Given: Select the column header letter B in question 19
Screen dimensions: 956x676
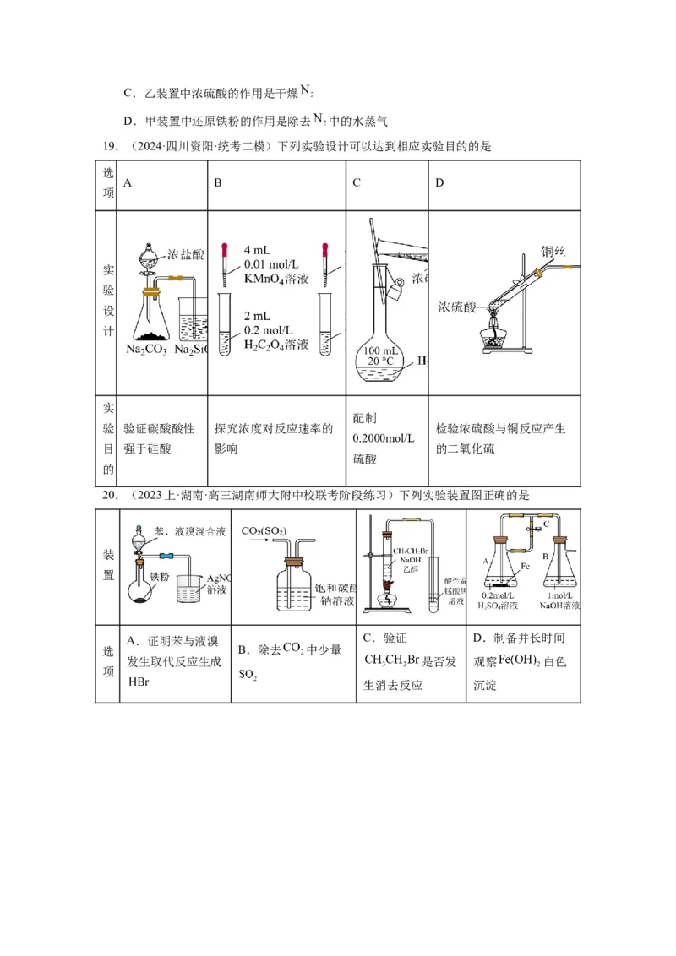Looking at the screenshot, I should pyautogui.click(x=217, y=182).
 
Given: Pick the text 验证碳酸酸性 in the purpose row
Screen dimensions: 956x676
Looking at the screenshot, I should pyautogui.click(x=158, y=428).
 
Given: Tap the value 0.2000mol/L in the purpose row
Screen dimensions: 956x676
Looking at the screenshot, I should pyautogui.click(x=384, y=438).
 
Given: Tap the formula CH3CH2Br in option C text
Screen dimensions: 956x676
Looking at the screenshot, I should pyautogui.click(x=397, y=660).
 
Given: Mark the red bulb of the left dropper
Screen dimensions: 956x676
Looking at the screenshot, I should pyautogui.click(x=225, y=250).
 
